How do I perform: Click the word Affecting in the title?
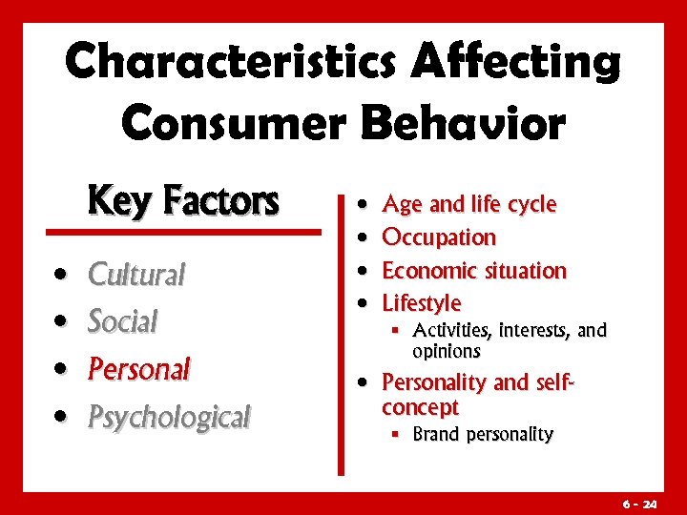point(516,63)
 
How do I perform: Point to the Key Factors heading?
point(182,201)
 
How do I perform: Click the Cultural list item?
point(136,275)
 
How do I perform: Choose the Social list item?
point(122,321)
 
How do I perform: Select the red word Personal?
point(139,368)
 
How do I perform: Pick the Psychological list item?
point(169,416)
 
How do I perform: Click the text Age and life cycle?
point(468,204)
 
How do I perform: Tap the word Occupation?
point(439,237)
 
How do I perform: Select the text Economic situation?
point(474,270)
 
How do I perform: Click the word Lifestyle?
point(421,303)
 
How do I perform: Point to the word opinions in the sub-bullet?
point(446,351)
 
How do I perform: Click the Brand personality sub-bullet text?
point(482,434)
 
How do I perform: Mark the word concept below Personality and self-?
point(420,407)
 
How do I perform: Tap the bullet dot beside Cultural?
point(61,276)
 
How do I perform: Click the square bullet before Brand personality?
point(393,434)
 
